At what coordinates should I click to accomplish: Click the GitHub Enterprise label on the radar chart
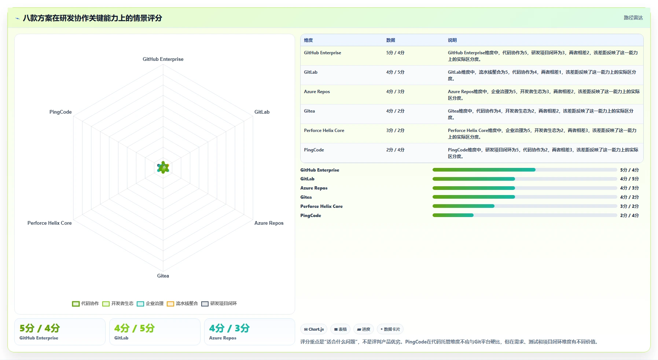[163, 59]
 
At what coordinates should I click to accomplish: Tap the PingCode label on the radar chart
[60, 112]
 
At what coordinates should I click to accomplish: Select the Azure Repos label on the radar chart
[269, 223]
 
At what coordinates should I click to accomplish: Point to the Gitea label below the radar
[163, 276]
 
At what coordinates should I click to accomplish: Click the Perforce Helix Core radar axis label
[49, 223]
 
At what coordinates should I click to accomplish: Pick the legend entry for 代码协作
[85, 304]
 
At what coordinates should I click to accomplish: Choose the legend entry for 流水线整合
[182, 304]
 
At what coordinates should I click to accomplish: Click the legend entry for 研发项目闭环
[219, 304]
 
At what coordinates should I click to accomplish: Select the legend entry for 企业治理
[150, 304]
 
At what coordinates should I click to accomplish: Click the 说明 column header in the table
[452, 40]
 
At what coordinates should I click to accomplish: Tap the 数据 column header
[391, 40]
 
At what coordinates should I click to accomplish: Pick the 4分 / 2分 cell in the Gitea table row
[395, 111]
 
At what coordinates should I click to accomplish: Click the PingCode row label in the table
[314, 150]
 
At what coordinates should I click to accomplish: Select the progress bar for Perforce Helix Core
[525, 206]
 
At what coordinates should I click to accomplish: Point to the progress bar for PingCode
[525, 215]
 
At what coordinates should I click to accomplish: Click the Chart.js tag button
[314, 329]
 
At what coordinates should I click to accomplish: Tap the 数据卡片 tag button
[390, 329]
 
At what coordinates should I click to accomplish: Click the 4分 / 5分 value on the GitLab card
[134, 328]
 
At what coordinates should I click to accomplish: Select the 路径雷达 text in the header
[633, 18]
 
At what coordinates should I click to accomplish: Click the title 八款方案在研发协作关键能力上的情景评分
[92, 18]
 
